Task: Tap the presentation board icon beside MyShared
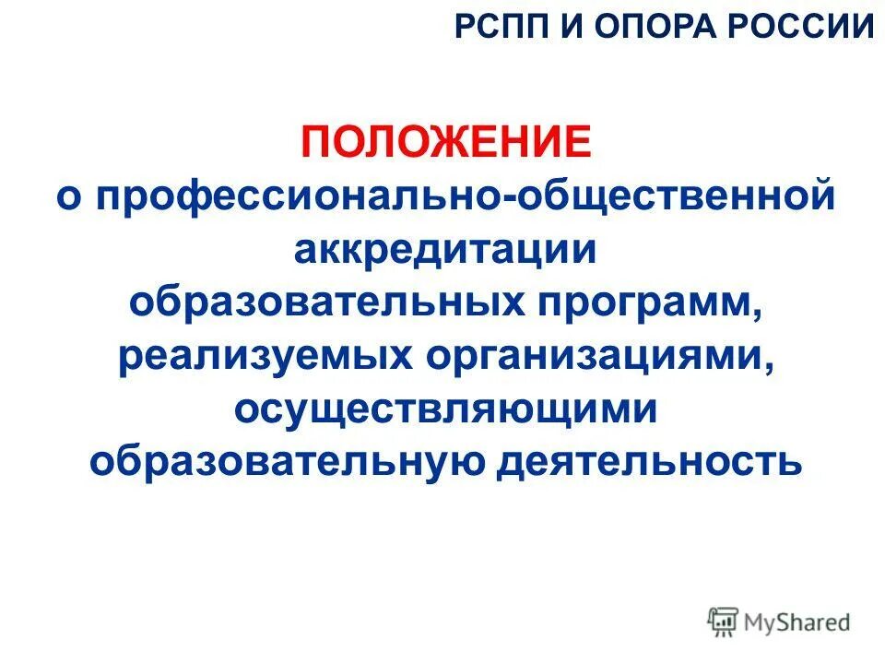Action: [724, 622]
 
